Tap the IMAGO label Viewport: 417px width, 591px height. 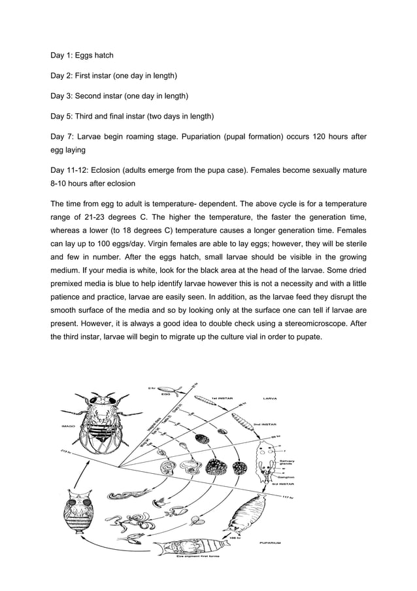click(68, 425)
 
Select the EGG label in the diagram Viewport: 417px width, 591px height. click(166, 394)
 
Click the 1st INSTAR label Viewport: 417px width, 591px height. click(223, 397)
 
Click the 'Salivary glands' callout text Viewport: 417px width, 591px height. click(286, 463)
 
